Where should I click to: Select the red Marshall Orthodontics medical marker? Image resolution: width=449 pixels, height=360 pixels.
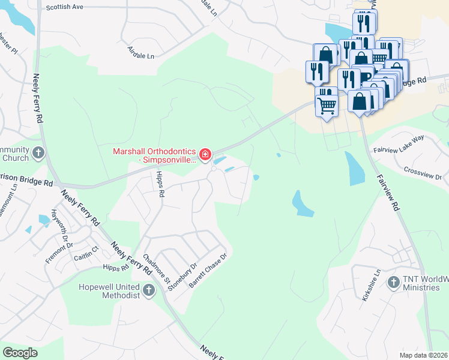coord(205,155)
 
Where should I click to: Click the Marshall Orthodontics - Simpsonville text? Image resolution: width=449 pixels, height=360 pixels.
coord(155,156)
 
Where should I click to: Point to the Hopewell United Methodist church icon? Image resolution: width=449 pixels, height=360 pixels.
coord(148,291)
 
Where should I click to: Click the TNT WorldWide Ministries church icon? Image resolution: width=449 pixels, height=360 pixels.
coord(394,281)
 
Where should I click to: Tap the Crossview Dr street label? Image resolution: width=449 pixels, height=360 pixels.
coord(423,174)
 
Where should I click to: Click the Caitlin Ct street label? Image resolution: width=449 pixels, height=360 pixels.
coord(86,253)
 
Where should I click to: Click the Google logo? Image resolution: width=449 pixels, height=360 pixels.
coord(20,352)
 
